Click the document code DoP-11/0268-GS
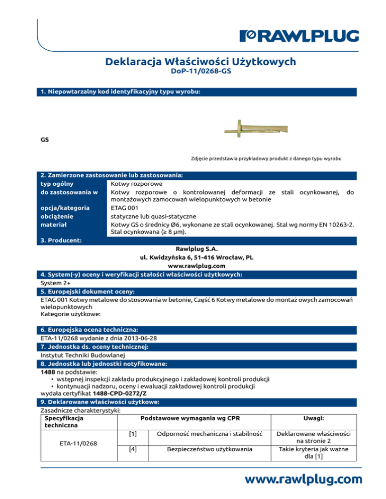click(x=201, y=72)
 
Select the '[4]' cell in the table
click(x=133, y=449)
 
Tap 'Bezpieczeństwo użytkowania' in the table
click(x=209, y=449)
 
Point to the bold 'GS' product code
click(x=45, y=140)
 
